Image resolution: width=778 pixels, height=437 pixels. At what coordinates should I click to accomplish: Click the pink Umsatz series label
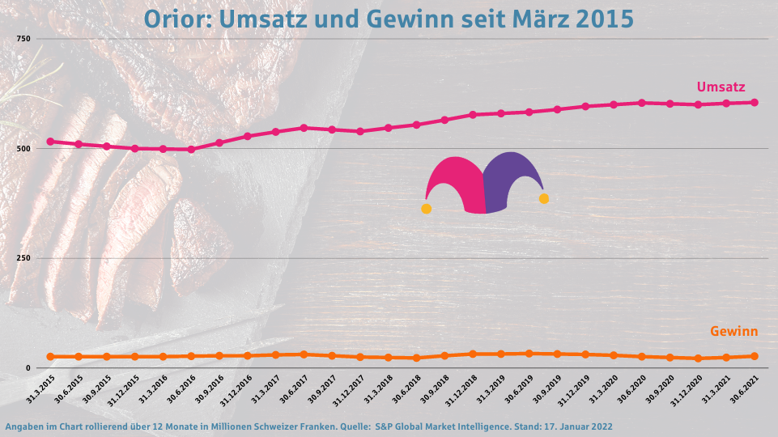(x=721, y=87)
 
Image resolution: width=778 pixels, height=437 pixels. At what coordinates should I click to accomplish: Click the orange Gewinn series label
(x=733, y=331)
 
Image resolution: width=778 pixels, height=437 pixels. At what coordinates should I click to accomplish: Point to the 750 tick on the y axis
(x=23, y=39)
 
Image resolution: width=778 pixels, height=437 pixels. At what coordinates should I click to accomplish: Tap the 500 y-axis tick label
(x=23, y=149)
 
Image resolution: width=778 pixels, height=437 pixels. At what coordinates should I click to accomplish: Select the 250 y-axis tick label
(x=23, y=258)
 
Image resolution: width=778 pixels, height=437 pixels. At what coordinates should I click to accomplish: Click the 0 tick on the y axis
(x=28, y=368)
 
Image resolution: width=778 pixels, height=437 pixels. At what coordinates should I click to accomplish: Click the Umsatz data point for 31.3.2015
(x=50, y=142)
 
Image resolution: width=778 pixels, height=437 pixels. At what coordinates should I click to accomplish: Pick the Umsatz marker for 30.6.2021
(x=755, y=102)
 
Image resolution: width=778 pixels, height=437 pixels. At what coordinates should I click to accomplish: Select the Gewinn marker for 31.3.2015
(x=50, y=356)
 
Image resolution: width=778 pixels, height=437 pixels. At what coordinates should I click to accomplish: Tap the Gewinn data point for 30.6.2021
(x=755, y=356)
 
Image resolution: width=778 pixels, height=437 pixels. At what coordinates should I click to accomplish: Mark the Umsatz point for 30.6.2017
(x=304, y=128)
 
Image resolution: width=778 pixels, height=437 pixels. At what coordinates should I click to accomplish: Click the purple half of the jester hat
(x=512, y=178)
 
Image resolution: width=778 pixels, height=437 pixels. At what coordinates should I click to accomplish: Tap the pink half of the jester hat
(x=457, y=182)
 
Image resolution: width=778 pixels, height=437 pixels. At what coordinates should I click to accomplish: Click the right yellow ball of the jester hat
(x=544, y=198)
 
